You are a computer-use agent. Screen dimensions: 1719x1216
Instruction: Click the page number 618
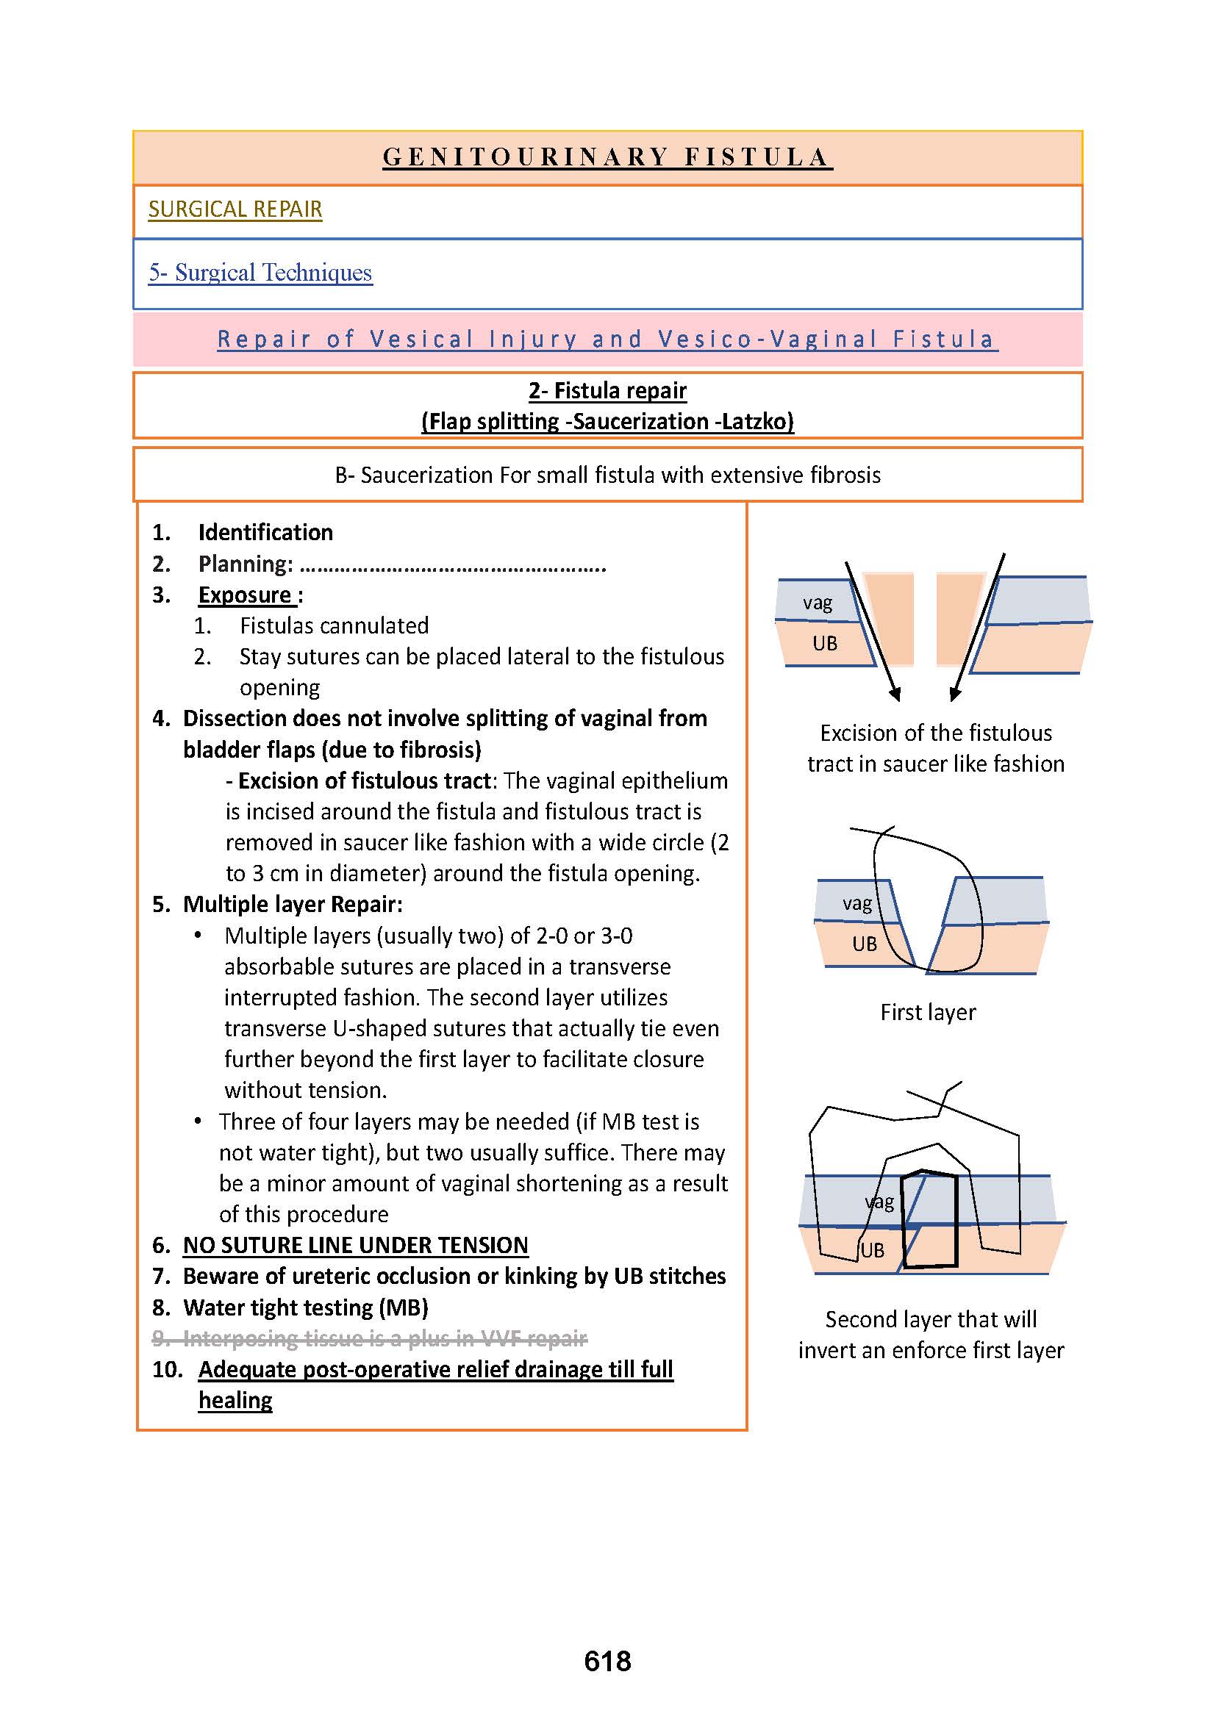(x=607, y=1662)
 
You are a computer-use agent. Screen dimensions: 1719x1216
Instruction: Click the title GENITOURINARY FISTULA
(x=607, y=157)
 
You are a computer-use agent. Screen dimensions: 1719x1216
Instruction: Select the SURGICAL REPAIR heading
(x=235, y=209)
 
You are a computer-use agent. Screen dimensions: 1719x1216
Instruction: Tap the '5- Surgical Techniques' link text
(x=260, y=273)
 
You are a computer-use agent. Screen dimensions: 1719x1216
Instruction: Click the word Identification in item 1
(x=266, y=532)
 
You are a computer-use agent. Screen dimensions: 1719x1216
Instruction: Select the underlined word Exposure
(x=246, y=595)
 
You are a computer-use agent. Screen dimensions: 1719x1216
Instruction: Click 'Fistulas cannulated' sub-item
(x=334, y=626)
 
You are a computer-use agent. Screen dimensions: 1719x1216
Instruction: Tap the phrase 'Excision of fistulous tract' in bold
(x=364, y=781)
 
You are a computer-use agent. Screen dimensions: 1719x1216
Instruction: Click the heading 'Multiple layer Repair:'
(x=293, y=905)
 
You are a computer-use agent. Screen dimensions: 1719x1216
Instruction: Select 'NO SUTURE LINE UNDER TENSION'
(x=356, y=1245)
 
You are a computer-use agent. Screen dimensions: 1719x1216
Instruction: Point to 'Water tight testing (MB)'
(x=306, y=1307)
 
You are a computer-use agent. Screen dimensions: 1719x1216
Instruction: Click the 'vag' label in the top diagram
(x=817, y=603)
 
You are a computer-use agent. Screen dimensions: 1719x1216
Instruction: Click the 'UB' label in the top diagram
(x=824, y=643)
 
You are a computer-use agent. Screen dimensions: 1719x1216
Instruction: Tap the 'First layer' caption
(x=928, y=1012)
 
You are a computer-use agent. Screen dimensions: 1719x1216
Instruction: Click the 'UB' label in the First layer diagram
(x=864, y=944)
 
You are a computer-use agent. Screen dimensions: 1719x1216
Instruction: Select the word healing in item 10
(x=235, y=1401)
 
